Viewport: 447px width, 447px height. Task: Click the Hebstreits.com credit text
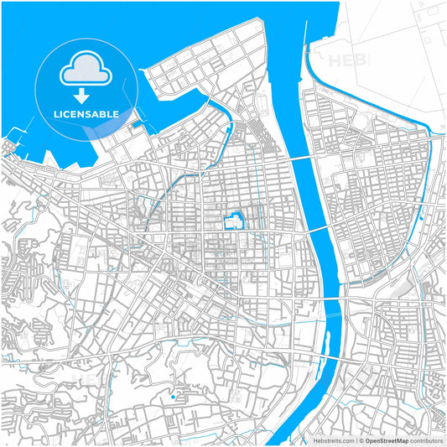[333, 439]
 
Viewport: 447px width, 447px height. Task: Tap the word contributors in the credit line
[427, 439]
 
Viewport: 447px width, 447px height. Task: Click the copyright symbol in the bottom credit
[360, 439]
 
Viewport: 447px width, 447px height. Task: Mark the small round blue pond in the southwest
[172, 397]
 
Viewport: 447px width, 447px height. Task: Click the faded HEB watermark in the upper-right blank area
[347, 60]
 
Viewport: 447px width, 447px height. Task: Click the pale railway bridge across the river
[331, 314]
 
